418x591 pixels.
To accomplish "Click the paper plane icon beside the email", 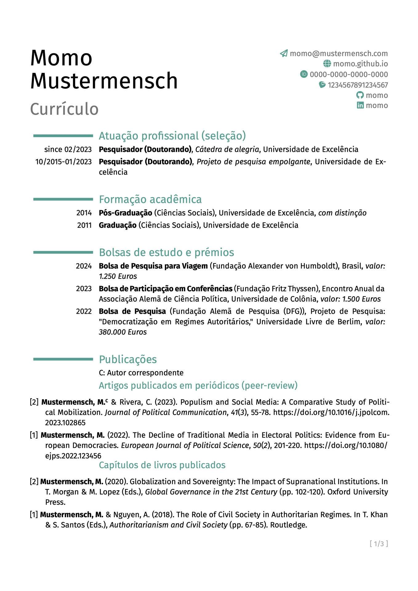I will point(283,54).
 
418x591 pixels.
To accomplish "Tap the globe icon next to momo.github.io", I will point(327,64).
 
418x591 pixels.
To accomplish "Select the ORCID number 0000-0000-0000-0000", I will point(349,74).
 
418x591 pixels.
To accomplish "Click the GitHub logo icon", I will point(360,95).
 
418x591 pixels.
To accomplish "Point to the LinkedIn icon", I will point(360,105).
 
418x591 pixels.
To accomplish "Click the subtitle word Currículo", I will point(64,109).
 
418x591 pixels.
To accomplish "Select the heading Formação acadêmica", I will point(150,199).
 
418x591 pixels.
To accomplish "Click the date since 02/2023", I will point(68,150).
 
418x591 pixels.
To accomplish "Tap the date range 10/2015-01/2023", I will point(63,162).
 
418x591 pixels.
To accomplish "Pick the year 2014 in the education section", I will point(84,213).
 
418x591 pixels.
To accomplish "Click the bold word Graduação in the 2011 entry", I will point(118,225).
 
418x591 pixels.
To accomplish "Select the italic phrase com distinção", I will point(342,213).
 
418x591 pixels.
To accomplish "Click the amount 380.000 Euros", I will point(123,332).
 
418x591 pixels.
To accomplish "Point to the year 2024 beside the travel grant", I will point(84,266).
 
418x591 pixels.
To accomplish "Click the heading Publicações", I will point(128,359).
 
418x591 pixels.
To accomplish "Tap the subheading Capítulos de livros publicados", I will point(162,465).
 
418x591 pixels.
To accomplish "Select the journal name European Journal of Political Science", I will point(185,445).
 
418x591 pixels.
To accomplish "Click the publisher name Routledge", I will point(288,525).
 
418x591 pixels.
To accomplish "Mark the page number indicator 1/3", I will point(379,544).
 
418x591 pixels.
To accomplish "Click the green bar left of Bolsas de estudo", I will point(63,252).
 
